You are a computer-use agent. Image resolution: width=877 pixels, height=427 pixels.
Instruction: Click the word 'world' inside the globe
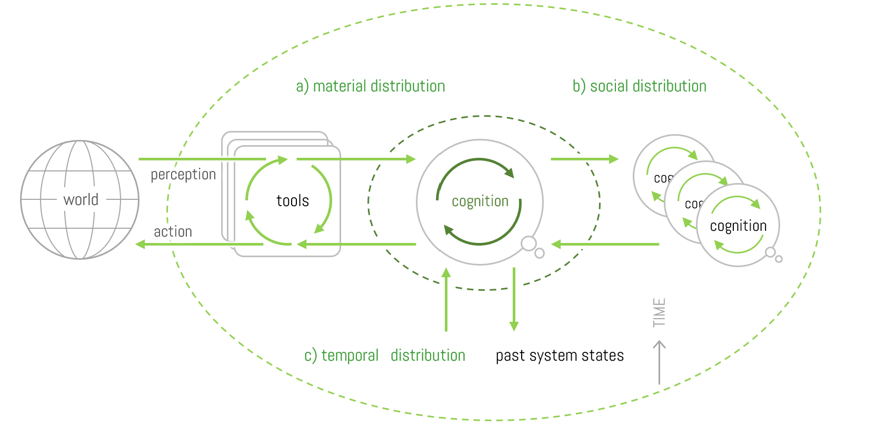(x=81, y=200)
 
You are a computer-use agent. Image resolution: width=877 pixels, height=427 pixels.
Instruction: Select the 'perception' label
(x=183, y=175)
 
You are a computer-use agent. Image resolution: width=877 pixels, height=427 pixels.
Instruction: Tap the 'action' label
(x=173, y=232)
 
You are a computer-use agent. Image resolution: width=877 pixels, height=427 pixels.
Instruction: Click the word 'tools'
(x=293, y=201)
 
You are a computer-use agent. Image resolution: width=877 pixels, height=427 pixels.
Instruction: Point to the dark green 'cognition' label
(x=480, y=201)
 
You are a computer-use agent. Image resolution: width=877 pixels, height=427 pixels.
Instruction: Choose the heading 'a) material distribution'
(x=371, y=86)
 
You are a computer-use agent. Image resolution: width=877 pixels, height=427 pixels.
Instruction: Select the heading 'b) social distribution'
(x=640, y=86)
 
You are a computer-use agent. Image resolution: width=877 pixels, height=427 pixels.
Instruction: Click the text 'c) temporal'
(x=341, y=356)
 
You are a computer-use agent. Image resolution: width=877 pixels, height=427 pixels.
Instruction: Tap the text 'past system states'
(x=560, y=356)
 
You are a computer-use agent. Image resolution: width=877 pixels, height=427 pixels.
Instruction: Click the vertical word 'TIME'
(x=659, y=312)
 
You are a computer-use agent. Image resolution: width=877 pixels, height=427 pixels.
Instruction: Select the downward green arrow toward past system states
(x=514, y=300)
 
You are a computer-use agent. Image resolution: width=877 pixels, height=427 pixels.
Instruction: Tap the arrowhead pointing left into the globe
(x=141, y=244)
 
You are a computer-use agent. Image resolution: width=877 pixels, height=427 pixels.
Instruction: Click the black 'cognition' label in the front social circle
(x=738, y=226)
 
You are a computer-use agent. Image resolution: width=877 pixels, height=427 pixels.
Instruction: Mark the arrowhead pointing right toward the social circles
(x=613, y=159)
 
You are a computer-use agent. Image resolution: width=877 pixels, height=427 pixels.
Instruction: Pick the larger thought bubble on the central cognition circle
(x=529, y=243)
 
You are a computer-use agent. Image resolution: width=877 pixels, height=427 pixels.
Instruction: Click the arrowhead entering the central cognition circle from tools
(x=411, y=159)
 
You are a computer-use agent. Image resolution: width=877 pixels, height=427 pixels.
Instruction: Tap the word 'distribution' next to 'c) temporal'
(x=427, y=356)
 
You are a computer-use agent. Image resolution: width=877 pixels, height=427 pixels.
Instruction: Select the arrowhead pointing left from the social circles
(x=556, y=244)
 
